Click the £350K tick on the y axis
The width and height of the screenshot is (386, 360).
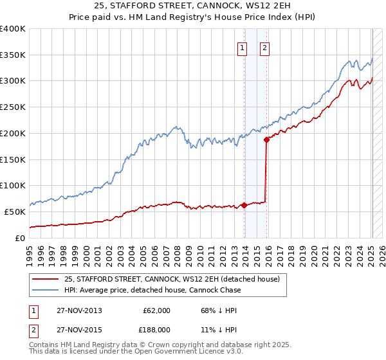pyautogui.click(x=13, y=55)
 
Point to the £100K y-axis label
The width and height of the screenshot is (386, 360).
pyautogui.click(x=13, y=185)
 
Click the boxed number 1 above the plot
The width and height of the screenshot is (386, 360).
pyautogui.click(x=243, y=47)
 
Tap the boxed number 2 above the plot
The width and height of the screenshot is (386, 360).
pyautogui.click(x=264, y=47)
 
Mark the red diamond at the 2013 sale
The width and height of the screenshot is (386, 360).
pyautogui.click(x=244, y=206)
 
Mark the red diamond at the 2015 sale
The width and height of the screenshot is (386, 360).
pyautogui.click(x=267, y=138)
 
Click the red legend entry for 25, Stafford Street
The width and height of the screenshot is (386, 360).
pyautogui.click(x=171, y=279)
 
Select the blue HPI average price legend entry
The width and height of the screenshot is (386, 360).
pyautogui.click(x=152, y=290)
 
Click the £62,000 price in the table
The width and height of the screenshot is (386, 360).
pyautogui.click(x=156, y=310)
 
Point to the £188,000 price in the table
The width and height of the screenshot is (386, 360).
pyautogui.click(x=156, y=329)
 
